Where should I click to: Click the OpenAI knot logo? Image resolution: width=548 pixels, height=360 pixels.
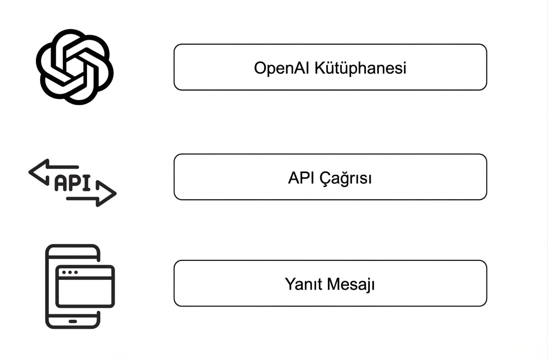pos(74,67)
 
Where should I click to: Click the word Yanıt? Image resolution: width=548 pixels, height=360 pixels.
pos(302,284)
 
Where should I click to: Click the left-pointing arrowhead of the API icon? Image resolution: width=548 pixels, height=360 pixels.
pos(37,171)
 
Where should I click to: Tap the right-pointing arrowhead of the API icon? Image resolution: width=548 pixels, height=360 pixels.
pos(108,193)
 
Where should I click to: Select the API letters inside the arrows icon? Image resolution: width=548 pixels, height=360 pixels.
pos(72,183)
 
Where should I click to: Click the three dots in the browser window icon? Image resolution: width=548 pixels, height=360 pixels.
pos(70,273)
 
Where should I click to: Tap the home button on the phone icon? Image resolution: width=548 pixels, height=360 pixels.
pos(73,321)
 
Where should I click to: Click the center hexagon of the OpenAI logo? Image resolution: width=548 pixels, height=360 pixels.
pos(74,67)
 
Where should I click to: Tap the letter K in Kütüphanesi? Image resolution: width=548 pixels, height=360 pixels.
pos(319,68)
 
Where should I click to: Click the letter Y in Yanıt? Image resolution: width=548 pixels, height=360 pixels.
pos(289,284)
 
